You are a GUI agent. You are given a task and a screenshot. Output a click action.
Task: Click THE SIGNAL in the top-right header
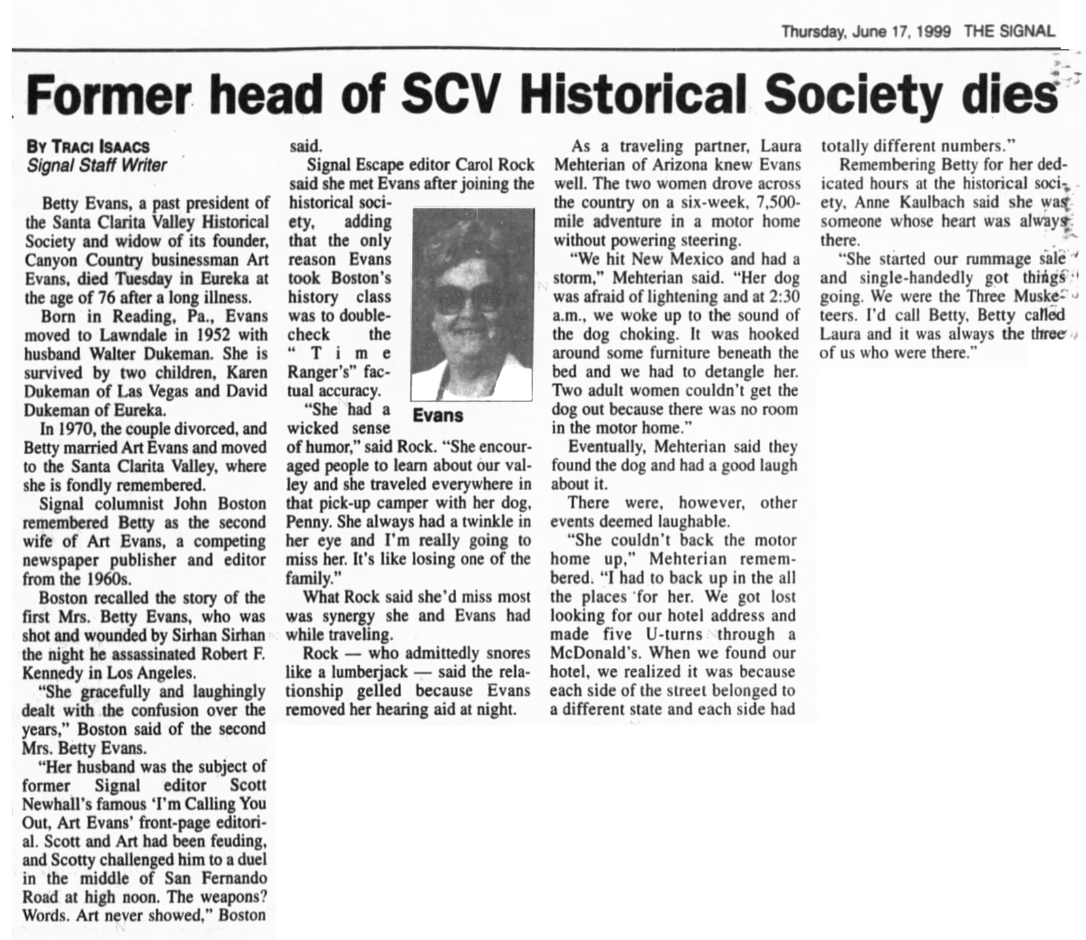tap(1010, 31)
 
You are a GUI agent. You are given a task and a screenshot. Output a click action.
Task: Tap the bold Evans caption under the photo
tap(438, 415)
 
